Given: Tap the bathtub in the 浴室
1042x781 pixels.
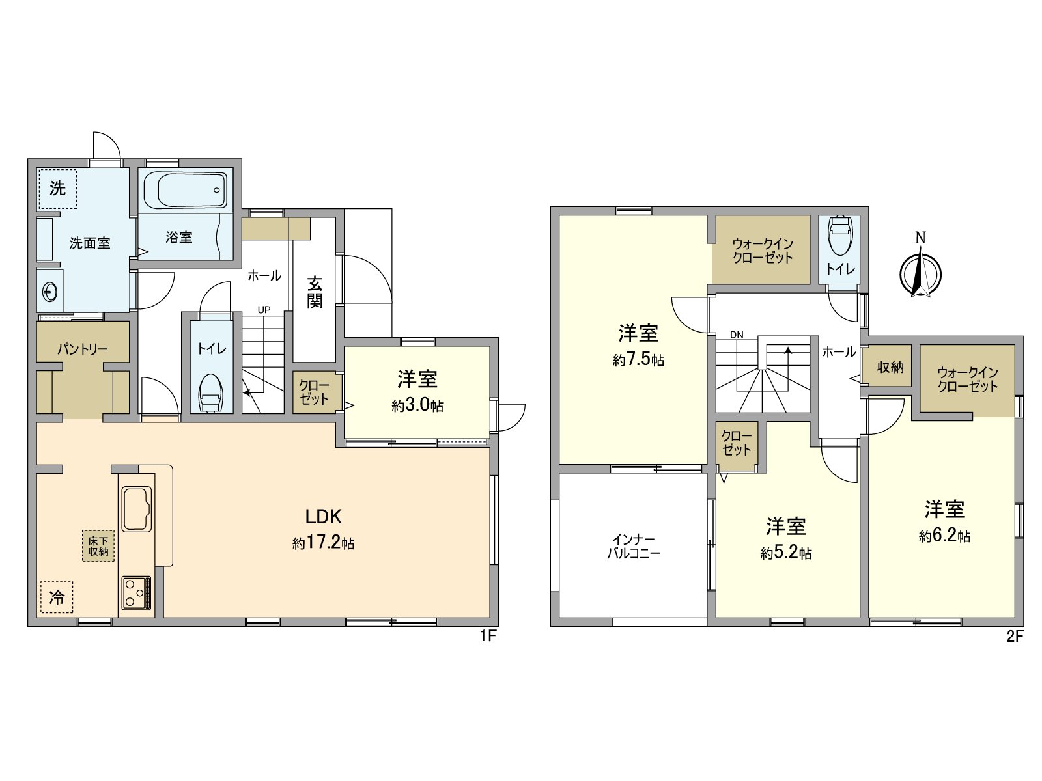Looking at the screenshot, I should (x=186, y=189).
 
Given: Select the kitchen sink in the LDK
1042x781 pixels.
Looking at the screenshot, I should (x=137, y=508).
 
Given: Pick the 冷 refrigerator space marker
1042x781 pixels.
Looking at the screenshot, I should (x=57, y=597).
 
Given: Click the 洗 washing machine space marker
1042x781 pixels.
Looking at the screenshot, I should (x=57, y=189).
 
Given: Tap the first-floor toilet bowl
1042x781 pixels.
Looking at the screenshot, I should (x=210, y=392).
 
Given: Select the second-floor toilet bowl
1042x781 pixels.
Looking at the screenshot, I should (x=839, y=235).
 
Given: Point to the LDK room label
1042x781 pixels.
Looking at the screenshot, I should (x=324, y=517).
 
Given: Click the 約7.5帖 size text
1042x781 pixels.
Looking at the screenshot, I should (x=638, y=360).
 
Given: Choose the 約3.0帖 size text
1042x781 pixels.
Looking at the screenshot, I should (x=417, y=406).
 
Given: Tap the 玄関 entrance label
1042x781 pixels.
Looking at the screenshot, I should (x=315, y=292).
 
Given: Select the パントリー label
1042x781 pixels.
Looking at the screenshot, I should (x=82, y=349).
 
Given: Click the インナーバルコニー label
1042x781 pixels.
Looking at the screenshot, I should (x=634, y=547).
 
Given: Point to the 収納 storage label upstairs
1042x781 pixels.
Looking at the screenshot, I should (x=890, y=367).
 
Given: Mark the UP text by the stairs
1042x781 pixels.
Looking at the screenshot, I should (x=264, y=310).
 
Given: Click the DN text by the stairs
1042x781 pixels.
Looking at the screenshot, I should (x=737, y=335).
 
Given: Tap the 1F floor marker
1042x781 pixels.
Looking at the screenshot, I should (x=488, y=637).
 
